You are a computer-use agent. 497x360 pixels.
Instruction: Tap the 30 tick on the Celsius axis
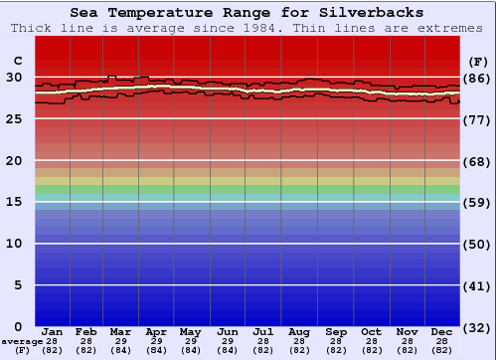pos(14,77)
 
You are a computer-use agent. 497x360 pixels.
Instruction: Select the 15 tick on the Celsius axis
pos(14,202)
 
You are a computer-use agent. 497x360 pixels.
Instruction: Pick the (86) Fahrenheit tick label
pos(477,78)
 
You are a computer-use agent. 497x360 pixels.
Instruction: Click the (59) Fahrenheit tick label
pos(477,202)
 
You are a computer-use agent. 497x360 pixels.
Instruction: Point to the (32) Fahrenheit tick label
pos(477,327)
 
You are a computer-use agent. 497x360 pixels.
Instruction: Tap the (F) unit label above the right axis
pos(477,60)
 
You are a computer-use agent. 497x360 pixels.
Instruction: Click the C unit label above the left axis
pos(17,60)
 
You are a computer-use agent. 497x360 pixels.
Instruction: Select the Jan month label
pos(53,331)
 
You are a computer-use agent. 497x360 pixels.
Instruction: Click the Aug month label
pos(298,331)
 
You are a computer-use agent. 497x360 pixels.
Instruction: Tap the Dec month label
pos(442,331)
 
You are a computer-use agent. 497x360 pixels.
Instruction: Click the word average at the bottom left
pos(22,341)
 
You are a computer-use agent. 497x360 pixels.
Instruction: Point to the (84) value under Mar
pos(120,350)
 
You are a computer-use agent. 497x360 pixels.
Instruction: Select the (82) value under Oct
pos(371,350)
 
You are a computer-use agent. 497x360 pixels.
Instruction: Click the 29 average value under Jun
pos(227,341)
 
